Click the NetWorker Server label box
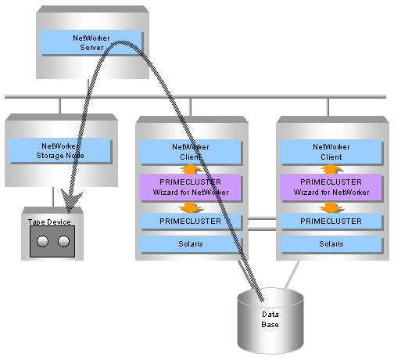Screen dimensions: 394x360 coord(91,42)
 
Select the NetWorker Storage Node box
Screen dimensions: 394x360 coord(59,150)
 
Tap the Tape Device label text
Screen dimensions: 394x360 coord(49,222)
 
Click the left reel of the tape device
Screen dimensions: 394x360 coord(42,241)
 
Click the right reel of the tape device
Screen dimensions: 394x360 coord(63,241)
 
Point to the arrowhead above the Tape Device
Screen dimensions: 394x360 coord(70,202)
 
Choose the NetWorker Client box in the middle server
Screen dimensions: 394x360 coord(190,152)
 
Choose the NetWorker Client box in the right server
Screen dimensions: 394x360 coord(331,152)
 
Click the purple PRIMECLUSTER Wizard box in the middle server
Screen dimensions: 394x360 coord(190,187)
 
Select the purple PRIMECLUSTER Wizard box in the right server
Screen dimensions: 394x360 coord(331,187)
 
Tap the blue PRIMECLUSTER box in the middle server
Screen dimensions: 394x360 coord(190,221)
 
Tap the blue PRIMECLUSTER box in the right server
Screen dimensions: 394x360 coord(331,221)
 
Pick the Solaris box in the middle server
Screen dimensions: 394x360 coord(190,244)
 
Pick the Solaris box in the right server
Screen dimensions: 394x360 coord(331,244)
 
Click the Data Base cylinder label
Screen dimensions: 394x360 coord(270,319)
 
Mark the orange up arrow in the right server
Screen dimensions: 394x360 coord(331,169)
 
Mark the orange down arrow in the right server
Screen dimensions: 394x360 coord(331,207)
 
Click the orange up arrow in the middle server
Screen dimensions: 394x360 coord(191,169)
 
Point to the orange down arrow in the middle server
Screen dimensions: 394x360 coord(191,207)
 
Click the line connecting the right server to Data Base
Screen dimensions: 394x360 coord(292,275)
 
